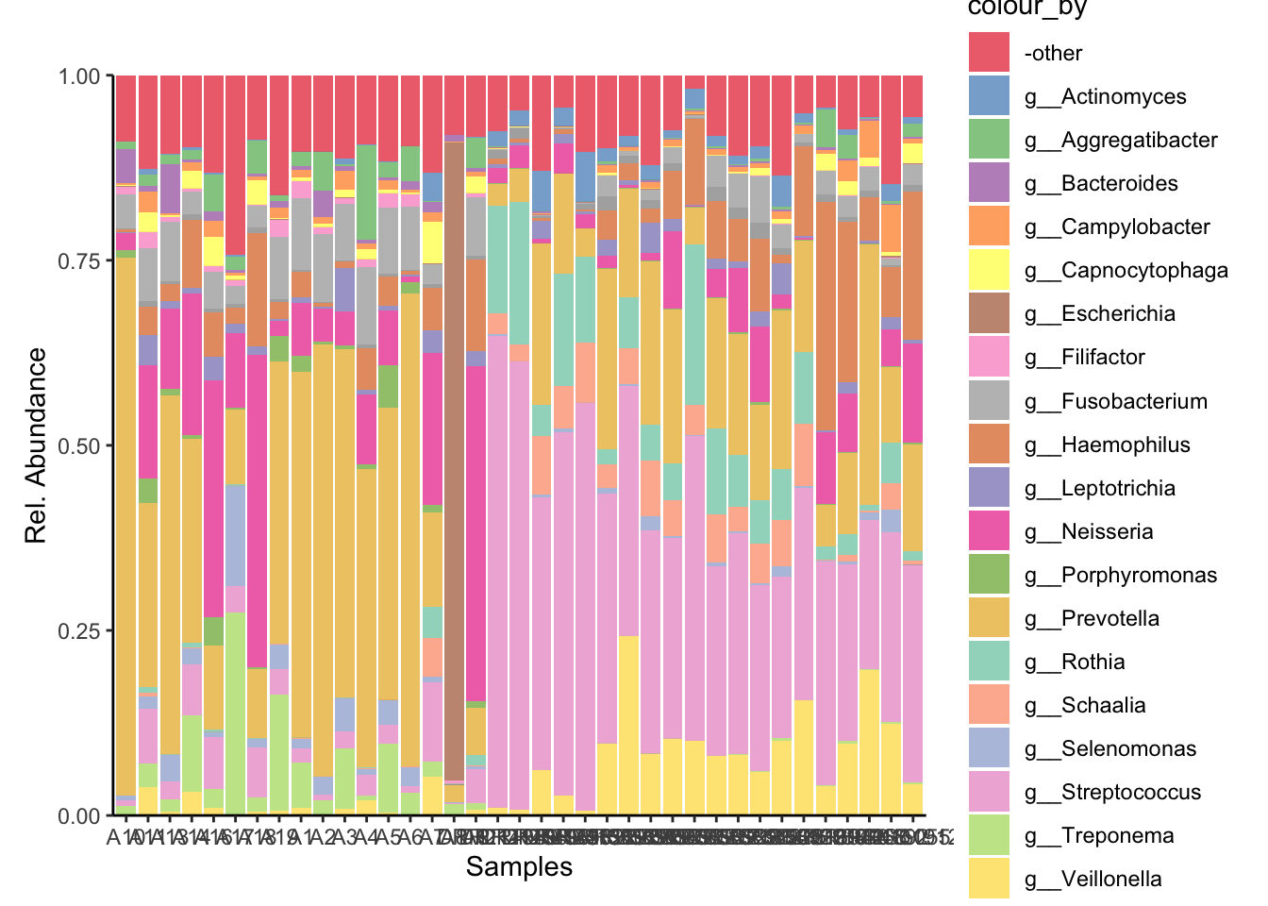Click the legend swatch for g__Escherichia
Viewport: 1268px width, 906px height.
click(989, 314)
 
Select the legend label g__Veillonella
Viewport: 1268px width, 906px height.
click(1093, 880)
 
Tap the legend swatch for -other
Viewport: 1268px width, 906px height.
click(989, 53)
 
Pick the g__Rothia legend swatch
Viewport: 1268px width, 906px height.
click(989, 662)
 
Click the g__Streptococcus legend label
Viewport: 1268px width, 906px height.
click(1112, 793)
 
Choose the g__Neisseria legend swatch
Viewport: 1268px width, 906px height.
click(989, 531)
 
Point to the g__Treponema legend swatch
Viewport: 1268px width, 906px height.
click(989, 836)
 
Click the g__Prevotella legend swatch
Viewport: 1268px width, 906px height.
click(989, 618)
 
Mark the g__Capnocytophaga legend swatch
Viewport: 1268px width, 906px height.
click(989, 271)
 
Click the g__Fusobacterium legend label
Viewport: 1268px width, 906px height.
click(1115, 402)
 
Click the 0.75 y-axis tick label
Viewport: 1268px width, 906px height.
click(79, 260)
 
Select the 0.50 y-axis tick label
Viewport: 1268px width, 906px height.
click(79, 445)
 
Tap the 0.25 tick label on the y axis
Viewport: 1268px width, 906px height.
click(79, 630)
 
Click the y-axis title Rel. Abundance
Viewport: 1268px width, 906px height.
click(36, 445)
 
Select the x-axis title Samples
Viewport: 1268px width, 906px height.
click(519, 867)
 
